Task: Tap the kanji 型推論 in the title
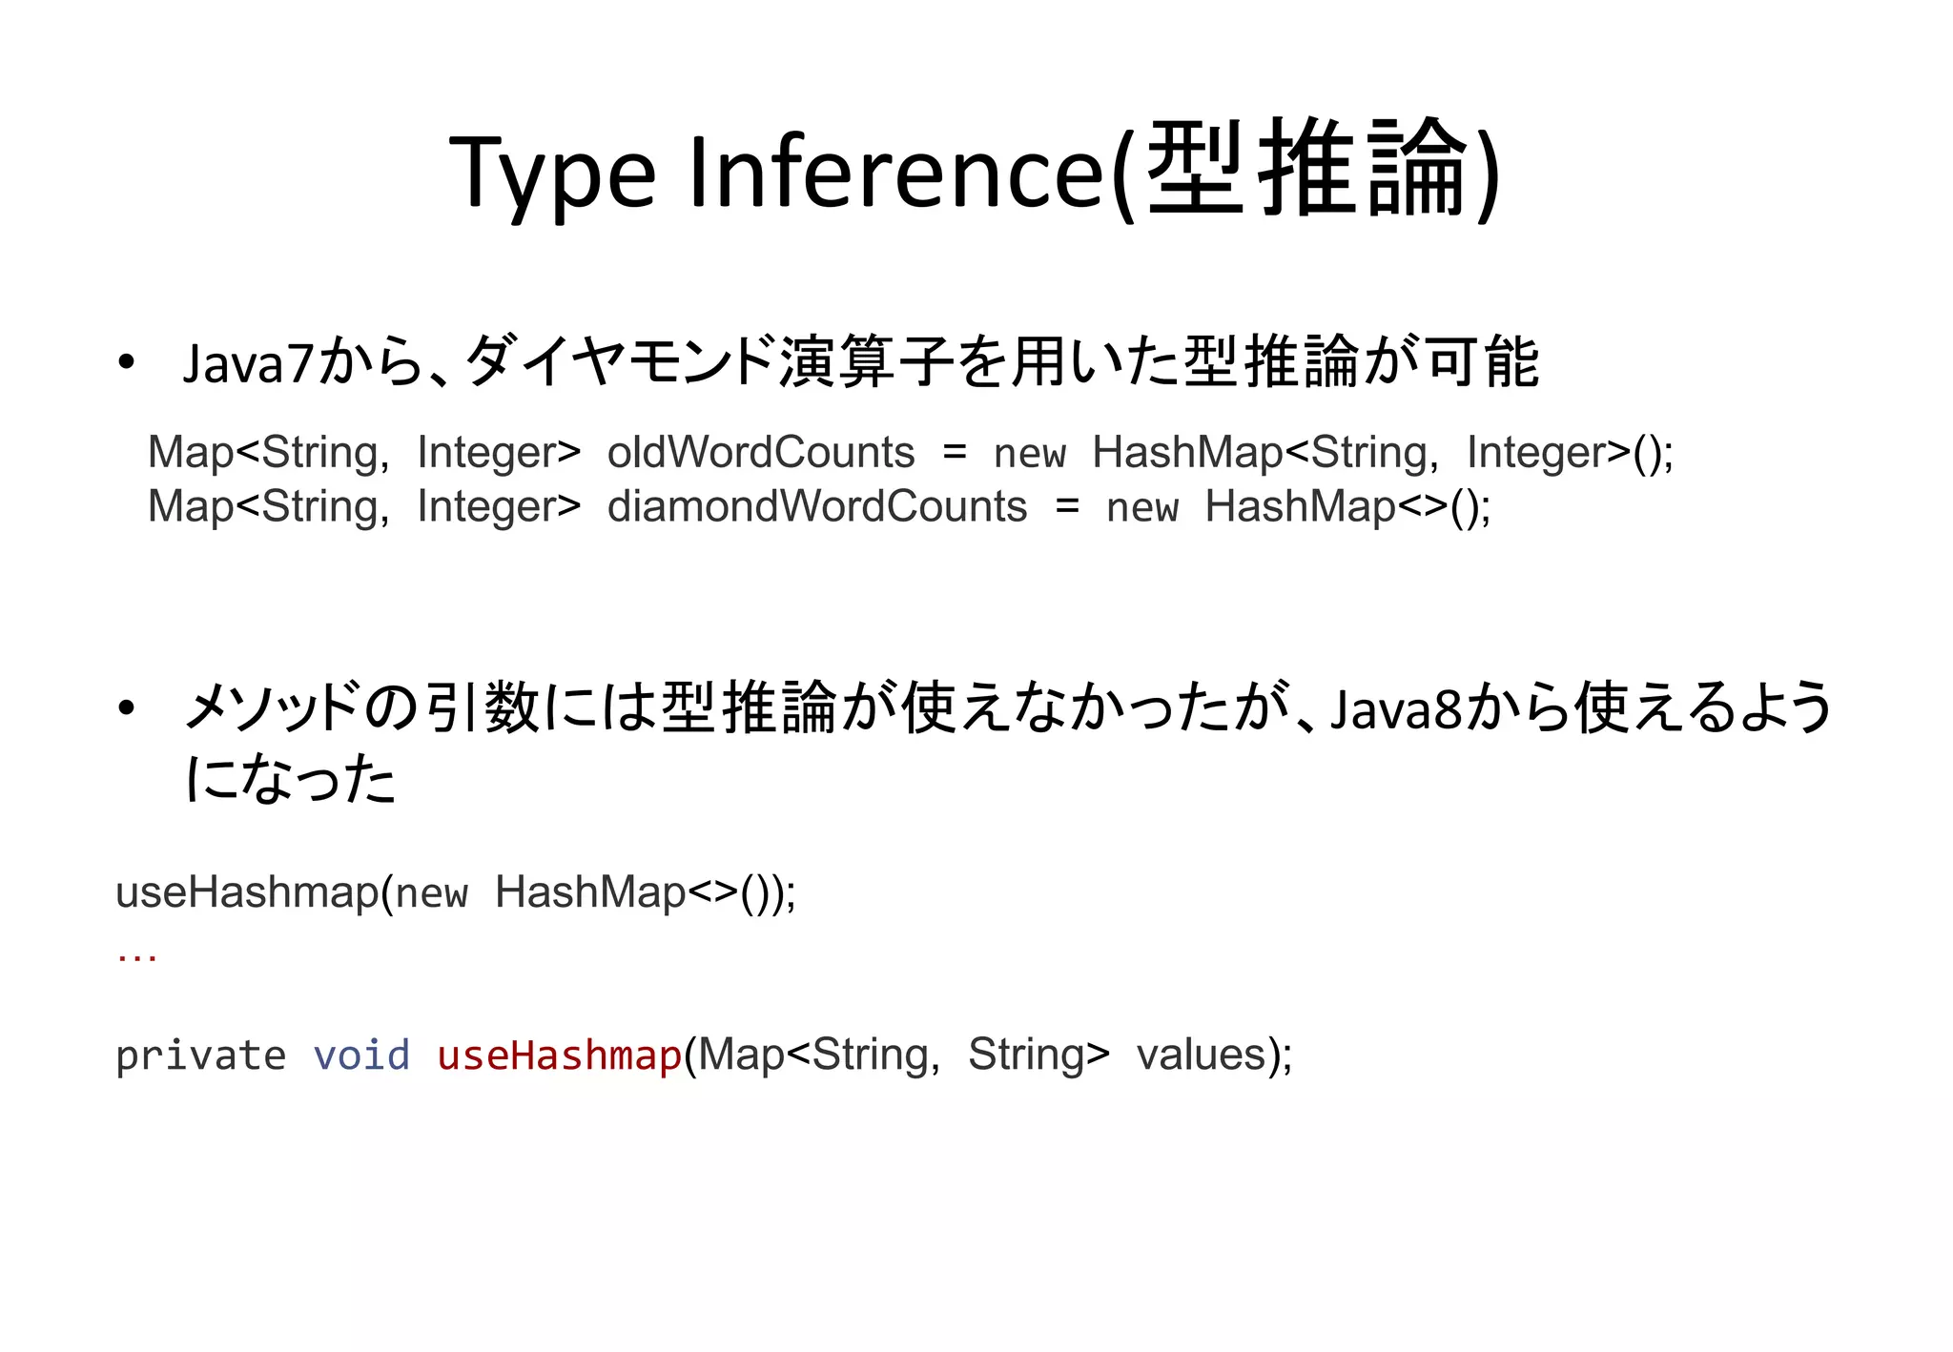tap(1306, 170)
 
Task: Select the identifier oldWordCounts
tap(760, 452)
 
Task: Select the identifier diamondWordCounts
tap(817, 506)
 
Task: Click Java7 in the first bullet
tap(249, 364)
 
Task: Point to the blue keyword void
tap(361, 1055)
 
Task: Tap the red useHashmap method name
tap(559, 1055)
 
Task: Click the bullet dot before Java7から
tap(126, 363)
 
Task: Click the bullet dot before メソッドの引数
tap(126, 709)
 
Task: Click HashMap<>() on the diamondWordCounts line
tap(1347, 506)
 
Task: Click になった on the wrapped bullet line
tap(291, 779)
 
